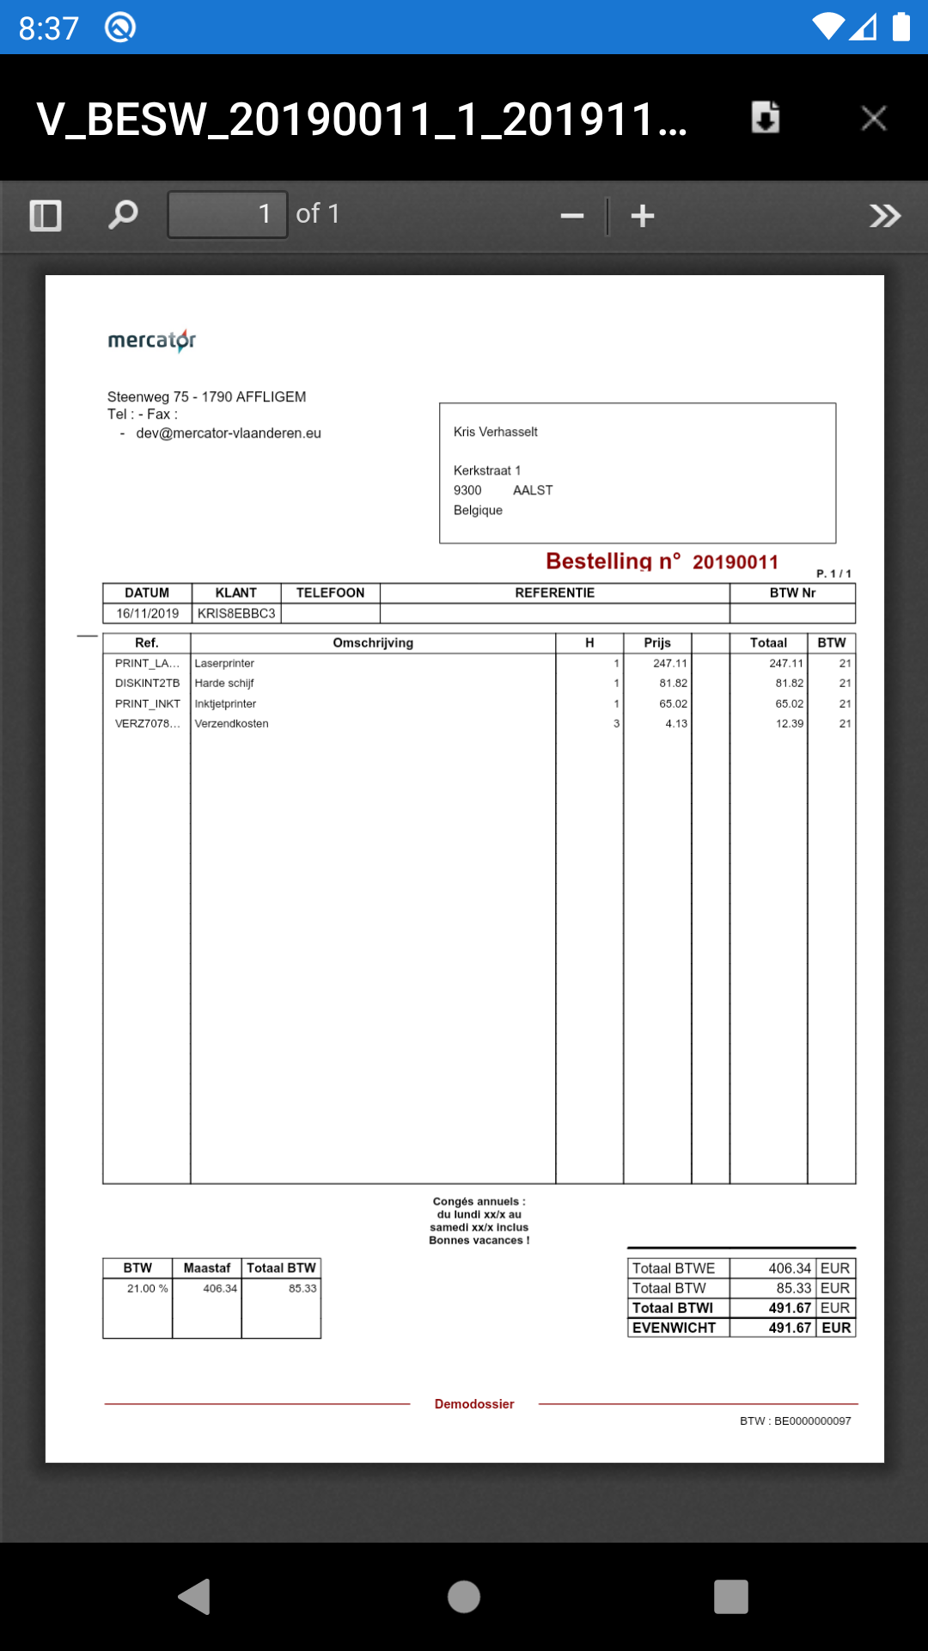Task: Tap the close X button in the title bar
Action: click(x=873, y=118)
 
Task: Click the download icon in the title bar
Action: click(x=765, y=117)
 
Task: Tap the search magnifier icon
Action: click(x=123, y=214)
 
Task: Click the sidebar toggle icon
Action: click(x=46, y=215)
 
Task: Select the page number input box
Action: click(x=228, y=214)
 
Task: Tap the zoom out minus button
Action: click(x=572, y=216)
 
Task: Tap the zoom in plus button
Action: click(x=643, y=216)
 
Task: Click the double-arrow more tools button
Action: click(x=884, y=216)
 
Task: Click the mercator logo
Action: click(x=152, y=341)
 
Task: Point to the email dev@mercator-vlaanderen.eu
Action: click(x=229, y=433)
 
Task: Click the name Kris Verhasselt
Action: click(x=496, y=432)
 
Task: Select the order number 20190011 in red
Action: click(x=736, y=562)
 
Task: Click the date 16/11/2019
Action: click(x=148, y=614)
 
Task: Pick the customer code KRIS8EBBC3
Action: click(x=236, y=614)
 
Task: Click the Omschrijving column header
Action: click(x=373, y=643)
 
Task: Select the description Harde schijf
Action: click(x=224, y=684)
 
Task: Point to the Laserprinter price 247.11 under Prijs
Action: click(x=669, y=664)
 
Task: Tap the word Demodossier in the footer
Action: click(x=474, y=1404)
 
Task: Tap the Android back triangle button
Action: click(x=195, y=1597)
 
